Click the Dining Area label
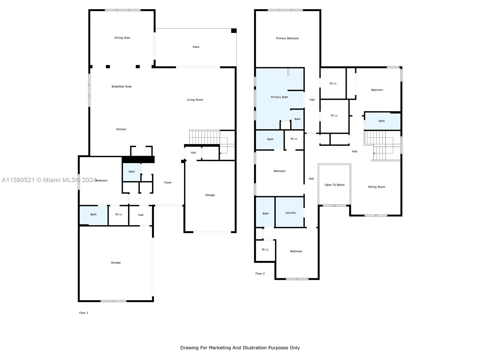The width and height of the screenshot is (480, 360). coord(122,38)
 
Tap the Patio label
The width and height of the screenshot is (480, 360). coord(196,47)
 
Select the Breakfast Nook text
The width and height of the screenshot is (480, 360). coord(121,87)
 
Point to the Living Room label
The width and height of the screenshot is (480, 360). coord(195,100)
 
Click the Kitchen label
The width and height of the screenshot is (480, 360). coord(121,129)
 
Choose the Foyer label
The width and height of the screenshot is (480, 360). coord(168,182)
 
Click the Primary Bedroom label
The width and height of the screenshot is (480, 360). coord(287,38)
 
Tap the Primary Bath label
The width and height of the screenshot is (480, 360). coord(279,97)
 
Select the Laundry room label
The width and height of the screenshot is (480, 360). coord(291,213)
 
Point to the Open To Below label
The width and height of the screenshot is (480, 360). coord(334,185)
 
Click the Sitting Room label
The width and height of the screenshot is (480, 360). coord(376,187)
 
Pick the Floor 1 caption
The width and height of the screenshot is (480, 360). coord(84,313)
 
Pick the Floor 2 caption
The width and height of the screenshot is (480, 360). coord(260,273)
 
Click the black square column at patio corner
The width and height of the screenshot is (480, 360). coord(234,31)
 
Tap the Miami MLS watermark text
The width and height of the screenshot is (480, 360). coord(49,180)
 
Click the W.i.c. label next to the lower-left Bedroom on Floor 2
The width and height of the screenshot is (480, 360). coord(265,249)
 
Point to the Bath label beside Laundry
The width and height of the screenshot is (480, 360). coord(265,213)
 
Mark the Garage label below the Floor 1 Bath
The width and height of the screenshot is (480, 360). coord(116,262)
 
